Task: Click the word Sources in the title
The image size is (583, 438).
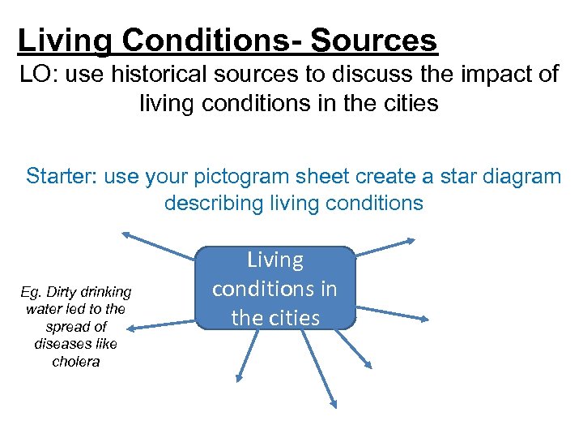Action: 374,40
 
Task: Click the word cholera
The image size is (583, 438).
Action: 76,362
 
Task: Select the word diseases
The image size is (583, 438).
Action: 76,344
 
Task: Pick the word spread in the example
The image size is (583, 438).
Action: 69,327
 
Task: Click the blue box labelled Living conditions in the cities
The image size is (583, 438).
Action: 275,288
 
